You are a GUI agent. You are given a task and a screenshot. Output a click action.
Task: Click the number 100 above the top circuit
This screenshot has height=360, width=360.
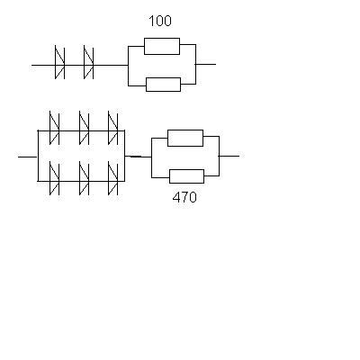pos(160,21)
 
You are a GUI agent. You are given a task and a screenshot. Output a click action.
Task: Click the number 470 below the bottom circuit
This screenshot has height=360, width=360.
pos(184,197)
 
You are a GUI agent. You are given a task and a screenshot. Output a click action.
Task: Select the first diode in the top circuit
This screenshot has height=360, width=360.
pos(59,62)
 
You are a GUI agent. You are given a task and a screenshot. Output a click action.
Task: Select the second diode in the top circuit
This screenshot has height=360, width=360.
pos(88,62)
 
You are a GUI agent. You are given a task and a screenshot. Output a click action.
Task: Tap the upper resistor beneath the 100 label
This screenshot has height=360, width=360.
pos(162,46)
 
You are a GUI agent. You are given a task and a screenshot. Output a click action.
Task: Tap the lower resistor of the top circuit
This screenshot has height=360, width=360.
pos(164,85)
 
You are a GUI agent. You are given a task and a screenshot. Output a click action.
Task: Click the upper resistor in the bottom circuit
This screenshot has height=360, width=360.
pos(185,138)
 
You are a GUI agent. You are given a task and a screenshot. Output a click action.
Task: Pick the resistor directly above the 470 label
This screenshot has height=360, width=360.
pos(187,176)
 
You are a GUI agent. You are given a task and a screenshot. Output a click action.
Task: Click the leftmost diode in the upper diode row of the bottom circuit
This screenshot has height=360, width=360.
pos(54,128)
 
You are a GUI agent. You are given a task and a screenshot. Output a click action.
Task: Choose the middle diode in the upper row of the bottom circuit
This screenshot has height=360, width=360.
pos(84,128)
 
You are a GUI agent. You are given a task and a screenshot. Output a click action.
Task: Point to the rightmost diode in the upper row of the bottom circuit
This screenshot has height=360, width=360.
pos(112,128)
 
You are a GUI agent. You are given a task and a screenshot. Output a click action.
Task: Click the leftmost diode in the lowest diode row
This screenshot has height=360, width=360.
pos(54,178)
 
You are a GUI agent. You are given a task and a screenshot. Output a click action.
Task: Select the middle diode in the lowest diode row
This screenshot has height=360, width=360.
pos(84,178)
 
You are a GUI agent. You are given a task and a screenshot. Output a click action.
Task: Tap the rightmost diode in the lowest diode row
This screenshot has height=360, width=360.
pos(112,178)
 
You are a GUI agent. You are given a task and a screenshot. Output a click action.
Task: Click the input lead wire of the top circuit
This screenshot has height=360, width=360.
pos(43,65)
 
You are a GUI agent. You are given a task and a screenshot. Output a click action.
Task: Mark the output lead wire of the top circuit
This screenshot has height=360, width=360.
pos(205,64)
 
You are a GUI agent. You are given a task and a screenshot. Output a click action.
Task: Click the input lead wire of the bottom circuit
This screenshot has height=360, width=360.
pos(28,157)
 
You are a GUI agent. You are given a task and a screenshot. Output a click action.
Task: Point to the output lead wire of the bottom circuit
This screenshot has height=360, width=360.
pos(229,156)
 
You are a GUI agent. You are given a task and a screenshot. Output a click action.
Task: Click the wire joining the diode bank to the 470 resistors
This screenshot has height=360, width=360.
pos(138,157)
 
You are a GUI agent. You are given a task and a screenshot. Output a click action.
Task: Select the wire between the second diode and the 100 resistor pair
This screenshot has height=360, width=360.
pos(111,65)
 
